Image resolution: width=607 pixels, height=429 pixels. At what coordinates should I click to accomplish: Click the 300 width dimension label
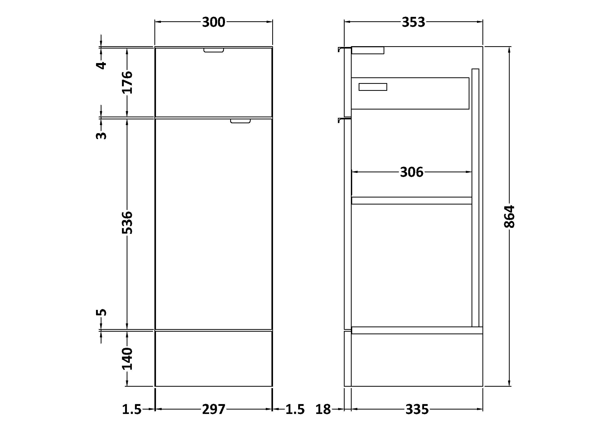[x=213, y=22]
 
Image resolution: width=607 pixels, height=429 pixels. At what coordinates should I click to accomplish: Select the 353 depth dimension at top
[x=413, y=22]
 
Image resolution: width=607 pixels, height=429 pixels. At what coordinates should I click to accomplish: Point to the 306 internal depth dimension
[x=412, y=172]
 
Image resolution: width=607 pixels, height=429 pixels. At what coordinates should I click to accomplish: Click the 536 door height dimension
[x=127, y=222]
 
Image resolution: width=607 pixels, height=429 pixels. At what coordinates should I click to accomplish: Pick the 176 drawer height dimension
[x=127, y=82]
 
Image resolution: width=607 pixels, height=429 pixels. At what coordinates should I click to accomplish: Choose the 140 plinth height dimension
[x=127, y=359]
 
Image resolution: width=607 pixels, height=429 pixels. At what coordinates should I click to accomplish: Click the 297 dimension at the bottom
[x=214, y=410]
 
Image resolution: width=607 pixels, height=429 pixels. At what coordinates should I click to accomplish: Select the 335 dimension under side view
[x=417, y=410]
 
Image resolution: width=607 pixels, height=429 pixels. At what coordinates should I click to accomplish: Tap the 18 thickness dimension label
[x=323, y=410]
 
